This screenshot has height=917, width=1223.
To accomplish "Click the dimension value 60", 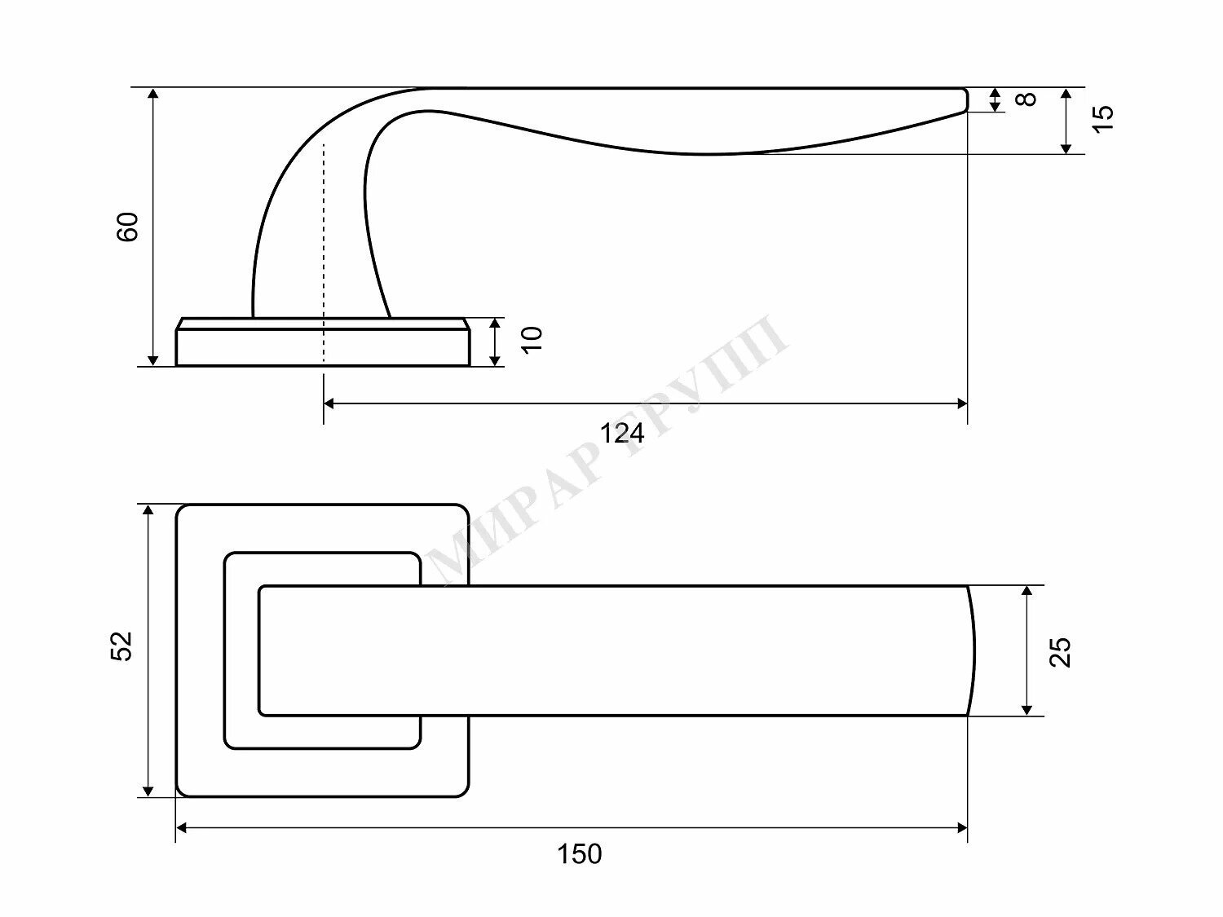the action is pyautogui.click(x=127, y=227).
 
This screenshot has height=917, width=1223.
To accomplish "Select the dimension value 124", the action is pyautogui.click(x=622, y=433).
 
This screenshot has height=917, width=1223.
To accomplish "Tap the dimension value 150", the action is pyautogui.click(x=580, y=853).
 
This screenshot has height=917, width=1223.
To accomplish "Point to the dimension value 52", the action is pyautogui.click(x=122, y=646).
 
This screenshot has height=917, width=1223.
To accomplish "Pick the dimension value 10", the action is pyautogui.click(x=532, y=340).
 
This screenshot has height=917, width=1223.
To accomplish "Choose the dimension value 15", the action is pyautogui.click(x=1102, y=118).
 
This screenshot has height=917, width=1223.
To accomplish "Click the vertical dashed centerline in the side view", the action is pyautogui.click(x=324, y=253).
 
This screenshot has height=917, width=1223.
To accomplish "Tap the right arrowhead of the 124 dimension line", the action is pyautogui.click(x=961, y=403).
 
